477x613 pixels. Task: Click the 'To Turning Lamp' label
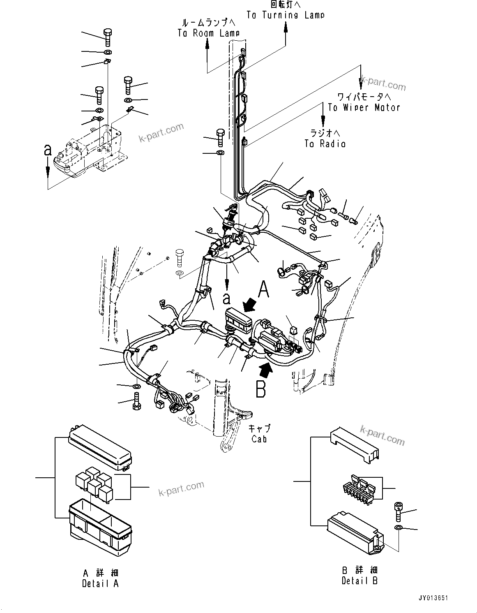[x=285, y=15]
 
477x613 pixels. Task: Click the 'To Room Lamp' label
[x=208, y=33]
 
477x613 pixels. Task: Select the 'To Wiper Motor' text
[x=364, y=108]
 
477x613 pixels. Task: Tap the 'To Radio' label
[x=325, y=143]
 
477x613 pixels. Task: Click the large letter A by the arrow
[x=263, y=290]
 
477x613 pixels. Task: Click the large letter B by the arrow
[x=261, y=389]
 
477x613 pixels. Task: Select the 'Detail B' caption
[x=359, y=581]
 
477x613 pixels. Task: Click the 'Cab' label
[x=259, y=439]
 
